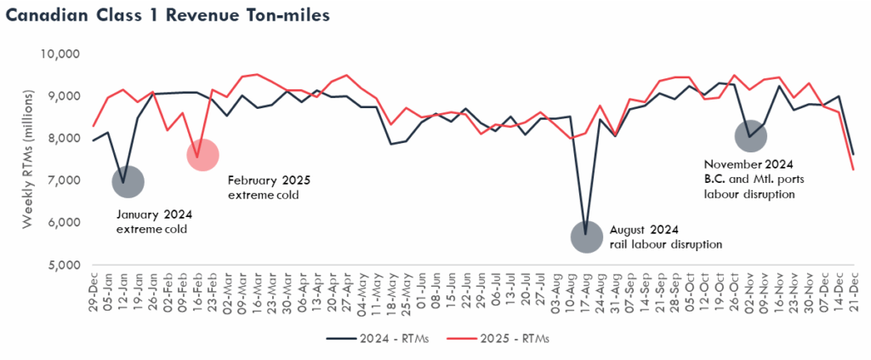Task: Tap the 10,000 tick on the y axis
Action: pos(60,54)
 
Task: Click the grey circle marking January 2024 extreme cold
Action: pos(128,181)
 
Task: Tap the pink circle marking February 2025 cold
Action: pos(202,155)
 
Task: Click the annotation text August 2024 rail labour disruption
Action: pos(665,237)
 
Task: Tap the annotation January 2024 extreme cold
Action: pos(153,222)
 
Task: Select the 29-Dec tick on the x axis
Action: pos(93,294)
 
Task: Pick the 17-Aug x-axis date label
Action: pos(586,294)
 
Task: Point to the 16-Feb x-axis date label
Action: pos(196,294)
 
